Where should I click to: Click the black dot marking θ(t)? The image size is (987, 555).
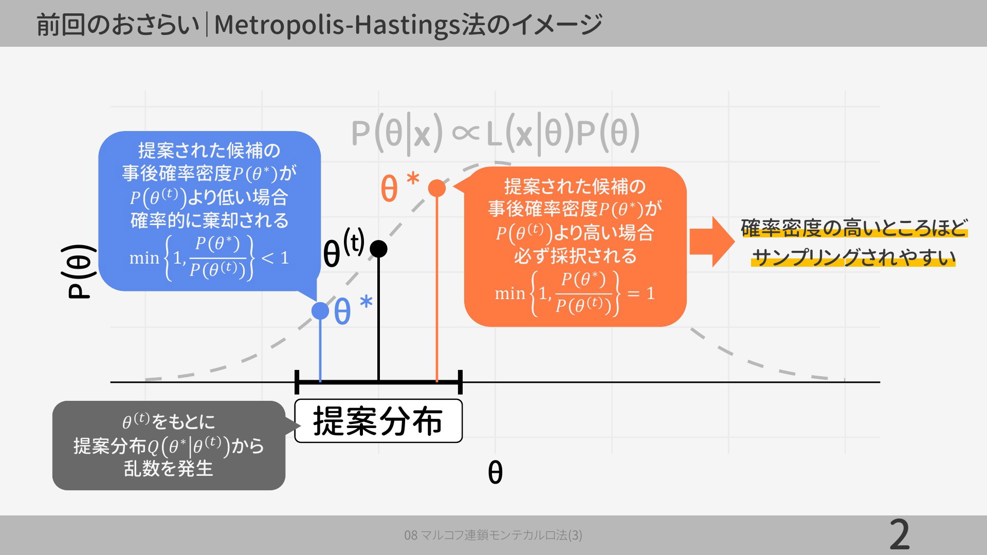click(378, 249)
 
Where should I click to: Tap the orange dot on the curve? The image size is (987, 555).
click(437, 188)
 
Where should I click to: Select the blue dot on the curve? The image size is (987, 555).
click(320, 310)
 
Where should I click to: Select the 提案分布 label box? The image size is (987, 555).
click(378, 421)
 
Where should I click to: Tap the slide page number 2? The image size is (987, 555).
click(900, 535)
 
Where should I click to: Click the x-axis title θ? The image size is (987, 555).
click(495, 472)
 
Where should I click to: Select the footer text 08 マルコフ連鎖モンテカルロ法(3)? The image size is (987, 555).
click(493, 535)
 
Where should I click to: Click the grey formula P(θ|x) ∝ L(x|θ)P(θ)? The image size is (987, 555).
click(496, 134)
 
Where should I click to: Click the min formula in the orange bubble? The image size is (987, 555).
click(575, 293)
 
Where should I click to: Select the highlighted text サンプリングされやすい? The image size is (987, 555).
click(853, 257)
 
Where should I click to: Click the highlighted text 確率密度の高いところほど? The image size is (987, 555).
click(854, 228)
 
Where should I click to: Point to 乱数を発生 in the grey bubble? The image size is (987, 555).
click(168, 468)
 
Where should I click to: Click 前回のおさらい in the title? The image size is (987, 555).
click(118, 25)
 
